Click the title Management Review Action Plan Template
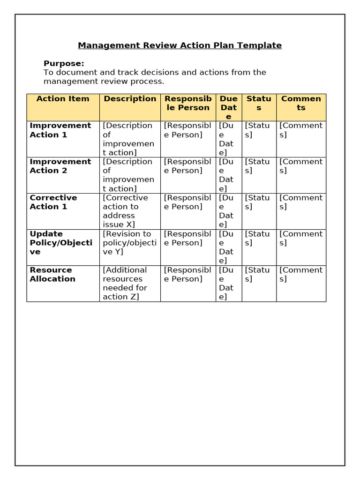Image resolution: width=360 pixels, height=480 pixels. (180, 45)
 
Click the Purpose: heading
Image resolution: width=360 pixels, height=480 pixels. (64, 63)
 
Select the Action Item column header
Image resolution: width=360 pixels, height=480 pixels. (63, 98)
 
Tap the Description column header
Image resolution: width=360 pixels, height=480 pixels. (130, 98)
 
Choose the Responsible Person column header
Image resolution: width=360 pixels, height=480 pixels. (187, 103)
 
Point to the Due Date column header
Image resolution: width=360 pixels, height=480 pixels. (229, 107)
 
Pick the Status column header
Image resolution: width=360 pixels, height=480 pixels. (259, 103)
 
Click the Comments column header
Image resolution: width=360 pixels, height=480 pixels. (301, 103)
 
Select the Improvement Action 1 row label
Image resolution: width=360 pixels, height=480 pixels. (60, 130)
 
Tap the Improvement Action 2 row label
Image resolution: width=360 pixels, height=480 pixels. (60, 166)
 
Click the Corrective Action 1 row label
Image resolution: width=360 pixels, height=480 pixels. (53, 202)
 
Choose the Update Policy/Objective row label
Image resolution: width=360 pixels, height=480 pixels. (61, 242)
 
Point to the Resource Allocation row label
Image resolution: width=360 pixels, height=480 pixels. (52, 274)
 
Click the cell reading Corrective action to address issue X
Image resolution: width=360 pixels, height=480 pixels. (125, 211)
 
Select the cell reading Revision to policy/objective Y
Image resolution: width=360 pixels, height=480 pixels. (129, 242)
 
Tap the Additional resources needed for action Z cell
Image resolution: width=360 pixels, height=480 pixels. (125, 283)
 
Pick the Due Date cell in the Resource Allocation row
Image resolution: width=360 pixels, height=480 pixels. (229, 283)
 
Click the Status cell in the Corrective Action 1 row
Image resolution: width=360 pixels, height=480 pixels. (258, 202)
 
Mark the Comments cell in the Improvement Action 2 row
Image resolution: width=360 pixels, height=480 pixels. (301, 166)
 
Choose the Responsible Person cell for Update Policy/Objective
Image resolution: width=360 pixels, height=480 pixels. (187, 238)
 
